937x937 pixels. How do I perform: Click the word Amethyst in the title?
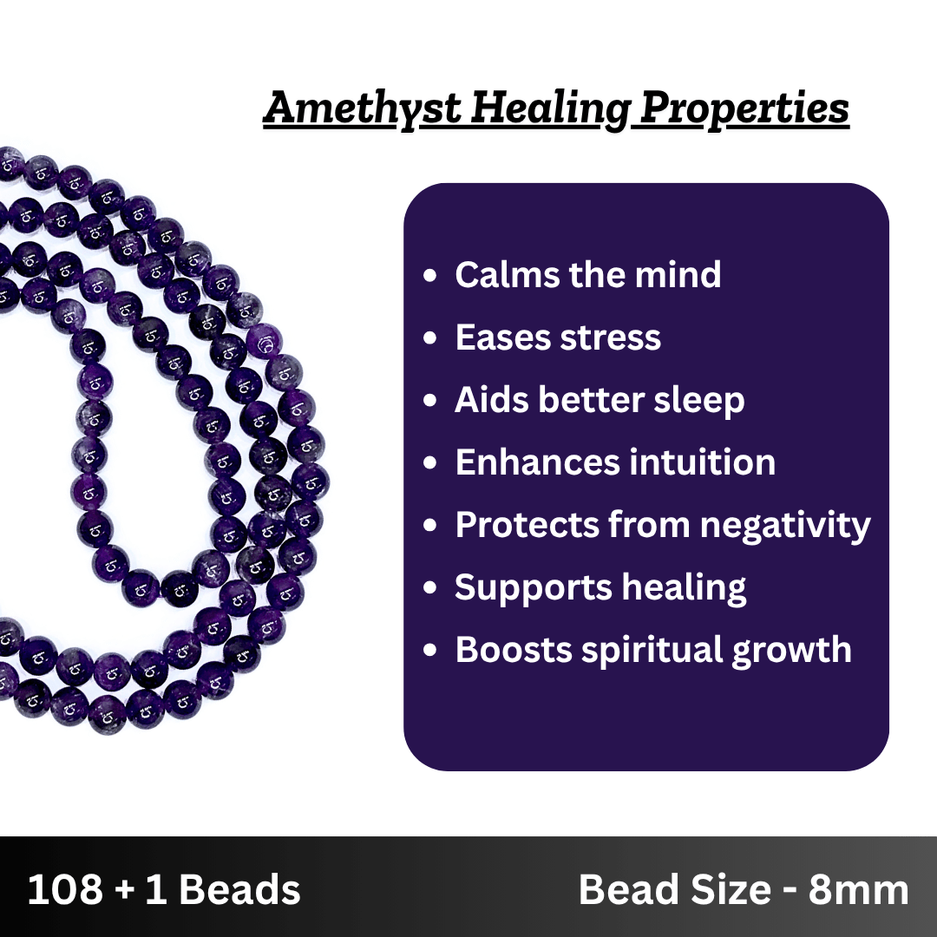pos(363,108)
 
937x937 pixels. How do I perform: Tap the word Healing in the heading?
pos(551,108)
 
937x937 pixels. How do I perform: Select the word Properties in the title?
pos(744,108)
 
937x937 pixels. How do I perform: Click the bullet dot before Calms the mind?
pos(429,276)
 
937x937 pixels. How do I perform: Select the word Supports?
pos(533,588)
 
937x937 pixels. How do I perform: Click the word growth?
pos(791,650)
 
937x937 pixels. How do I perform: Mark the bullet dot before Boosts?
pos(429,650)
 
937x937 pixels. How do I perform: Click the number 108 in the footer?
pos(65,889)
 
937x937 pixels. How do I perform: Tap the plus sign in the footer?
pos(124,890)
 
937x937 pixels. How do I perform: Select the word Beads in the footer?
pos(239,889)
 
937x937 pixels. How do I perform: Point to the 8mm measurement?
pos(858,890)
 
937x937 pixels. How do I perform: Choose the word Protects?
pos(527,525)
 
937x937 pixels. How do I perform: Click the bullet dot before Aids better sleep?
pos(429,400)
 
